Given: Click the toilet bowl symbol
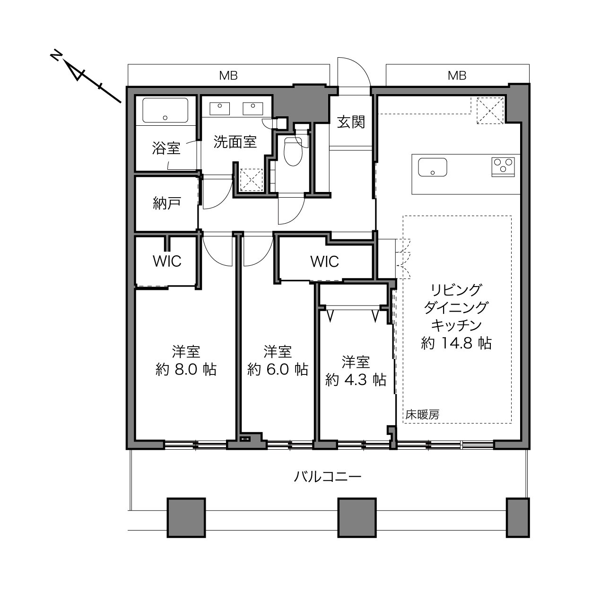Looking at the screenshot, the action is (x=293, y=151).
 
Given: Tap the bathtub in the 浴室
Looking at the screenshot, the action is (x=165, y=110).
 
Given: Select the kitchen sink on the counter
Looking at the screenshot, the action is (x=433, y=167).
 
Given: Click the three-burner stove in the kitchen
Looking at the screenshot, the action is (x=503, y=167).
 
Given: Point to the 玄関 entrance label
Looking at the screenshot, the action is (x=351, y=122).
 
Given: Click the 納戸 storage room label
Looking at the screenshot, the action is (x=167, y=203).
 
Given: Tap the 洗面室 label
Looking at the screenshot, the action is (x=235, y=142).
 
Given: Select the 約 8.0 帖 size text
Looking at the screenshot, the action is (x=186, y=370).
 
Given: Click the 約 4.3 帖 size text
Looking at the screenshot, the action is (x=356, y=380).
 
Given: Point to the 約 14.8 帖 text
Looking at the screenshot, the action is (x=456, y=343).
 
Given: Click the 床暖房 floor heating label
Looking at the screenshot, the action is (x=422, y=415).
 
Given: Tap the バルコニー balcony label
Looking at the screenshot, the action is (x=328, y=477).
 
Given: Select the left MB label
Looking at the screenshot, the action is (x=228, y=76).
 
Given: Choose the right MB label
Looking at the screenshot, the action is (x=457, y=76).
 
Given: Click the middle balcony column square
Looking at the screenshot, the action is (x=357, y=518).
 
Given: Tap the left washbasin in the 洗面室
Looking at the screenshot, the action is (x=220, y=108).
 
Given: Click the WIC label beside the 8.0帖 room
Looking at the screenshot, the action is (x=167, y=261).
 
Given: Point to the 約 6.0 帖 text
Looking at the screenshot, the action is (x=278, y=370).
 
